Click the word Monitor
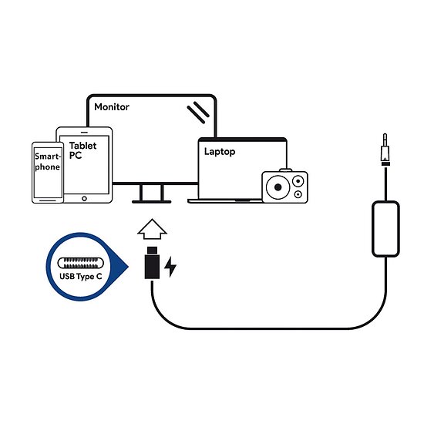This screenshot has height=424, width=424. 112,107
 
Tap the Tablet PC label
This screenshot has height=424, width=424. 82,150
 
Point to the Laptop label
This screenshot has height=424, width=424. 220,152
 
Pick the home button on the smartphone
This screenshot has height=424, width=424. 47,199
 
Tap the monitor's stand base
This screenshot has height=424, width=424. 151,201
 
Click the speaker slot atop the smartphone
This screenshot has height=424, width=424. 47,146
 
